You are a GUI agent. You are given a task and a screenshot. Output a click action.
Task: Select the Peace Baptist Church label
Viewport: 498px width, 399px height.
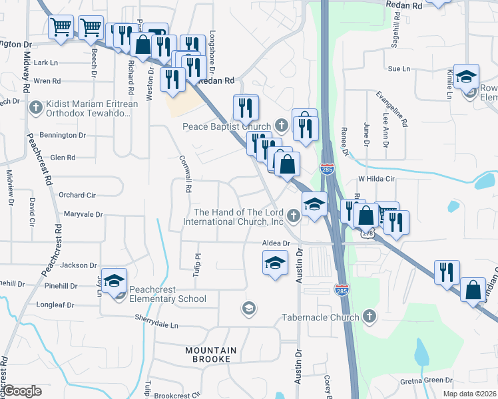227,126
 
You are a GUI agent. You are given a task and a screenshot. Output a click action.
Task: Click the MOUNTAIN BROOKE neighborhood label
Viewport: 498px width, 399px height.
211,356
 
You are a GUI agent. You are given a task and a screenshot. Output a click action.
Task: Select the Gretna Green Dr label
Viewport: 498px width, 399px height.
426,380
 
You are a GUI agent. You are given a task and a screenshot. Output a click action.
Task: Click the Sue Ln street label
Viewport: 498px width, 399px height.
397,68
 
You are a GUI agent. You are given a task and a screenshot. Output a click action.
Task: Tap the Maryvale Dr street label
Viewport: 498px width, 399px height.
83,214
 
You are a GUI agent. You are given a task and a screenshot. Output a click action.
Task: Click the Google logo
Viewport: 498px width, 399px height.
23,391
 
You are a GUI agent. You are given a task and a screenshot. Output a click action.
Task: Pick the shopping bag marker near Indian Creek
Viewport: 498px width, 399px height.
473,290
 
